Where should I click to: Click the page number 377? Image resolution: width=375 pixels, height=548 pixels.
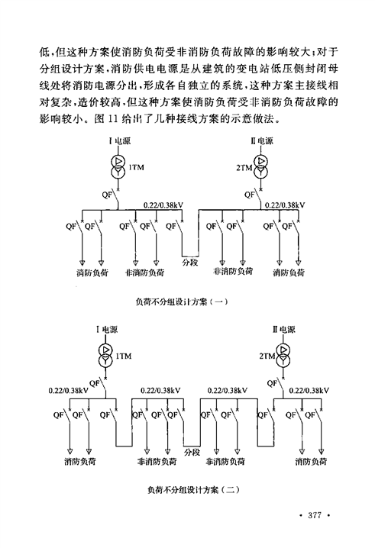pos(314,515)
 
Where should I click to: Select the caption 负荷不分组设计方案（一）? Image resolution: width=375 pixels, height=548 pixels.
pos(182,301)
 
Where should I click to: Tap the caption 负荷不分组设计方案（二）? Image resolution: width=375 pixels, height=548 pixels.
pos(193,490)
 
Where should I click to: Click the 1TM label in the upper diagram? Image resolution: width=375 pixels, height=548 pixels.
pos(136,167)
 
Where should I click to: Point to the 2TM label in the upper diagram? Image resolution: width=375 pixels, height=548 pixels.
pos(244,168)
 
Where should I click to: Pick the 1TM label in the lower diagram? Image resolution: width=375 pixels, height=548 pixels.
pos(124,356)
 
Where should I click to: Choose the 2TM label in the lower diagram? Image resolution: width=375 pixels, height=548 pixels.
pos(267,356)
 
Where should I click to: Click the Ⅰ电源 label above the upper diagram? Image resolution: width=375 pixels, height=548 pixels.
pos(120,141)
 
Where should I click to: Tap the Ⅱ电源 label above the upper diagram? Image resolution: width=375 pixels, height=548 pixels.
pos(262,141)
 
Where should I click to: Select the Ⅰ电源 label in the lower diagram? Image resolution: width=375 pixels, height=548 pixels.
pos(107,330)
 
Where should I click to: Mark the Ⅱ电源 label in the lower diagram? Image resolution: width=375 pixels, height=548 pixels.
pos(284,329)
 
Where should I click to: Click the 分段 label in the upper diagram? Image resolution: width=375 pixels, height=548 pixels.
pos(190,262)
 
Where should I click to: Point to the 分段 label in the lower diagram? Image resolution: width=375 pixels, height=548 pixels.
pos(192,453)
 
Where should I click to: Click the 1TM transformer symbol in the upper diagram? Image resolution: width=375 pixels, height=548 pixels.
pos(118,166)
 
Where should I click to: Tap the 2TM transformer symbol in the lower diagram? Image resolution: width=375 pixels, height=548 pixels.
pos(283,355)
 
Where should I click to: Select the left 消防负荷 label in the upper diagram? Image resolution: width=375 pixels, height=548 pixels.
pos(92,273)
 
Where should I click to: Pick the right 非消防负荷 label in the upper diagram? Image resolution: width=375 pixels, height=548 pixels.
pos(233,272)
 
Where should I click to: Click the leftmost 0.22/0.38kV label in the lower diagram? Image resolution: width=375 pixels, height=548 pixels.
pos(69,390)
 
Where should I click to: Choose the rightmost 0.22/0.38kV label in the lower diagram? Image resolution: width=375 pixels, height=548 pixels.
pos(309,390)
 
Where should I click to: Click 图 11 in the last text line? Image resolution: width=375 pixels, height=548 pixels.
pos(105,119)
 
